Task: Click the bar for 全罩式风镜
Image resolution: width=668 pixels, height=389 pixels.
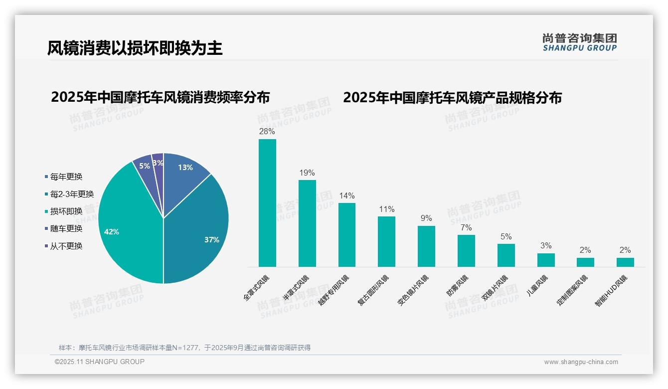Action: tap(267, 203)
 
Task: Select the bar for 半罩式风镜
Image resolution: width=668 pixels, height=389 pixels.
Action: tap(307, 223)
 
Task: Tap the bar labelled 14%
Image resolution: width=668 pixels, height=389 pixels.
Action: tap(347, 235)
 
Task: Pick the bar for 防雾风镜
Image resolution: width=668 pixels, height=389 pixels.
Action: tap(466, 251)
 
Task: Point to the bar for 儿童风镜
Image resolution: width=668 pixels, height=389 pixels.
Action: tap(546, 260)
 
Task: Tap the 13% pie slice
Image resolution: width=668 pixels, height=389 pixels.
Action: tap(184, 170)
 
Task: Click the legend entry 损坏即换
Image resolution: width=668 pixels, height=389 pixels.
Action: tap(66, 211)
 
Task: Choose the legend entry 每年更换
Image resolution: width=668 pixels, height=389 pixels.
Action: tap(66, 177)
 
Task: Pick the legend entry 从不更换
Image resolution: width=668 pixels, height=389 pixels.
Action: tap(66, 246)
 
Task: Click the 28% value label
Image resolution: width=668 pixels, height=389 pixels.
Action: tap(267, 132)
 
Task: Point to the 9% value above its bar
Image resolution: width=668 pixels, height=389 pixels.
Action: tap(426, 218)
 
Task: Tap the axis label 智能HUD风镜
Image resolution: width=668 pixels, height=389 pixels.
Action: tap(611, 291)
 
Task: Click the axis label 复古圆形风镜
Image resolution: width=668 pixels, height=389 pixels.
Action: tap(373, 290)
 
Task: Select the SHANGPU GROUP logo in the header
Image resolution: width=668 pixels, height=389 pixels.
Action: tap(580, 42)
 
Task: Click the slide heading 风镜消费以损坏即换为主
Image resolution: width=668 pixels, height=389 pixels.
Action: tap(135, 48)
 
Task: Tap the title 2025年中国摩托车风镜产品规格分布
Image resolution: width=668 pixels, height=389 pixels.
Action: tap(452, 98)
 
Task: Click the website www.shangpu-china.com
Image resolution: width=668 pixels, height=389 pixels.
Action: tap(581, 362)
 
